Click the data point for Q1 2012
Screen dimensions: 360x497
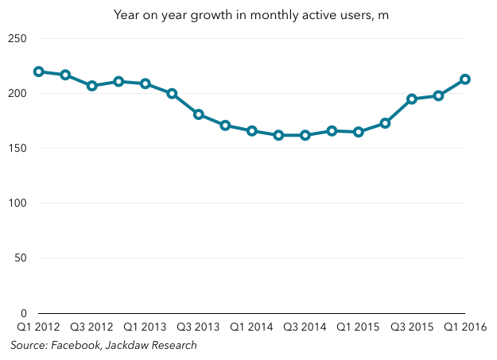pos(39,72)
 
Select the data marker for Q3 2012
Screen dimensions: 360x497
pos(92,86)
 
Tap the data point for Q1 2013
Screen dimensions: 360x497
pos(146,83)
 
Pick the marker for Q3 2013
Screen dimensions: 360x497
pos(199,114)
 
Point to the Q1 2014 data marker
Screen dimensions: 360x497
pos(252,131)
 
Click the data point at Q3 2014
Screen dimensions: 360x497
pos(305,135)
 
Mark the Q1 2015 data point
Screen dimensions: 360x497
pos(359,132)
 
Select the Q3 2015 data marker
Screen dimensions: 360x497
pos(412,99)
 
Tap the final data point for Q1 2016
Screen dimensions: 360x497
pos(465,79)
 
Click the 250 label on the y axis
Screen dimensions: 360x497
pos(17,39)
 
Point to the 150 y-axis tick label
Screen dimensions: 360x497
pos(17,149)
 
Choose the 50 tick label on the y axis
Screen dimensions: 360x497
pos(21,258)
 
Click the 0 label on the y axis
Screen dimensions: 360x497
pos(24,313)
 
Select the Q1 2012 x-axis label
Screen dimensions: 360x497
pos(38,327)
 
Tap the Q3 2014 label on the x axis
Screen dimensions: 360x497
pos(305,327)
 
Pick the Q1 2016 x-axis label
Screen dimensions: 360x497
pos(465,327)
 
